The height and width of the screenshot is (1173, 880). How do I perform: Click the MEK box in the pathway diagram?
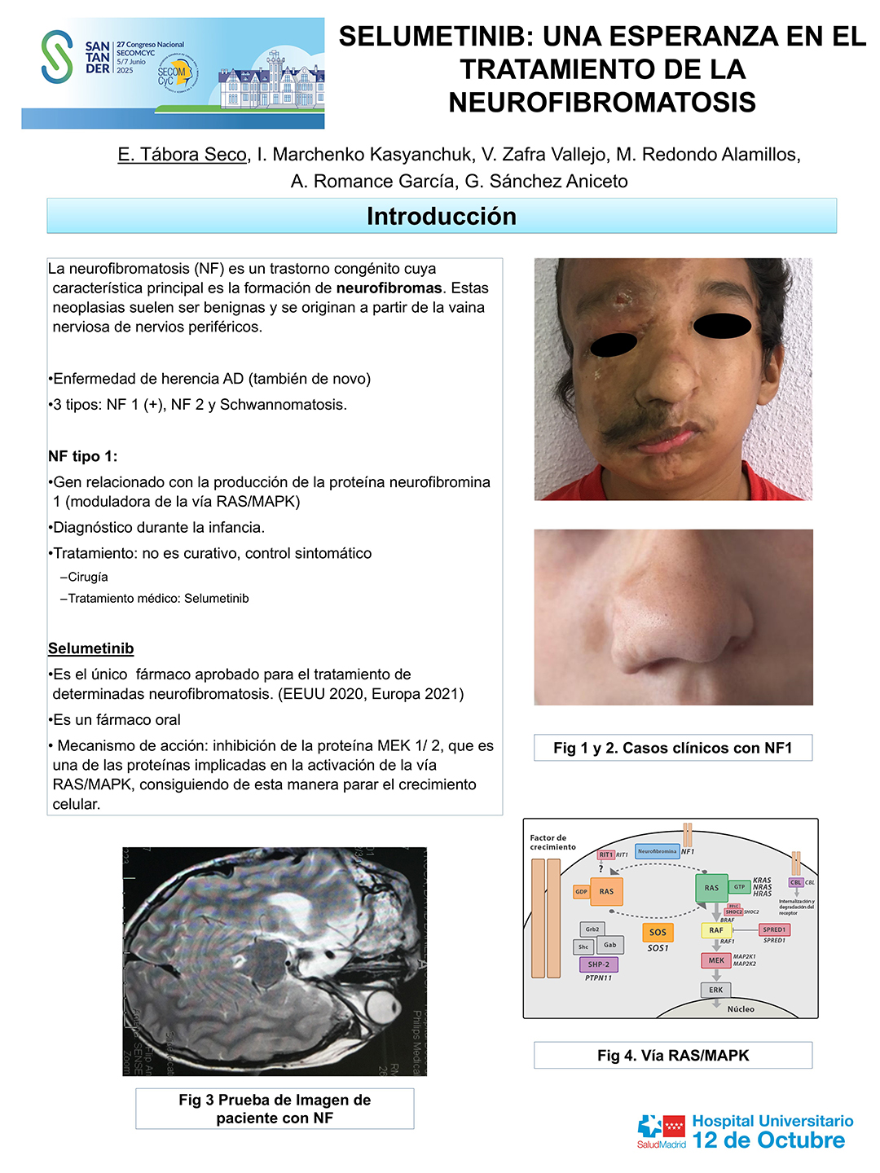tap(715, 960)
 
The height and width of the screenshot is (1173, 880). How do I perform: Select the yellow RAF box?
tap(715, 929)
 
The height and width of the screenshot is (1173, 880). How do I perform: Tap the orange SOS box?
tap(658, 933)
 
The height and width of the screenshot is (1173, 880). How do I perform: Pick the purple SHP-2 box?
tap(599, 964)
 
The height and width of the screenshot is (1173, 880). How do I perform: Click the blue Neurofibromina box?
tap(657, 851)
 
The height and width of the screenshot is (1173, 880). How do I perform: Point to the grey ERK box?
tap(715, 990)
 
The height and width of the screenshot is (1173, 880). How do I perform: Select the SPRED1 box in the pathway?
tap(774, 929)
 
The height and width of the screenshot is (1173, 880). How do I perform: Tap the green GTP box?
tap(739, 886)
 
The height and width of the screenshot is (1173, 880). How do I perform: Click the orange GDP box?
tap(581, 892)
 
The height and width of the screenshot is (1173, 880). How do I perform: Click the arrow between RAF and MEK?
tap(716, 946)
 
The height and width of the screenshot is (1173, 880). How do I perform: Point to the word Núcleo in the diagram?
tap(741, 1009)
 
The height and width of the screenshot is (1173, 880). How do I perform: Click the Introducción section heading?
tap(442, 216)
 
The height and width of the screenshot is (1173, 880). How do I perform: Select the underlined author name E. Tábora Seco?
tap(182, 155)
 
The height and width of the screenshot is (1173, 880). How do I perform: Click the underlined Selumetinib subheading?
tap(90, 648)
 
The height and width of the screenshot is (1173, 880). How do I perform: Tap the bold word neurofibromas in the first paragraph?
tap(389, 288)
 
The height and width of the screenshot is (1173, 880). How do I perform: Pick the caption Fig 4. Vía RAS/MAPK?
tap(673, 1056)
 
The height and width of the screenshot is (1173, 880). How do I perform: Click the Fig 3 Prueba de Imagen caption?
tap(275, 1109)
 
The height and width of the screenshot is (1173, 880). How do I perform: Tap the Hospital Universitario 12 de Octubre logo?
tap(745, 1132)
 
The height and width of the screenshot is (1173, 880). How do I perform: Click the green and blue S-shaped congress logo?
tap(57, 56)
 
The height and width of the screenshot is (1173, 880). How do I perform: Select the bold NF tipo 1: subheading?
tap(82, 456)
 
